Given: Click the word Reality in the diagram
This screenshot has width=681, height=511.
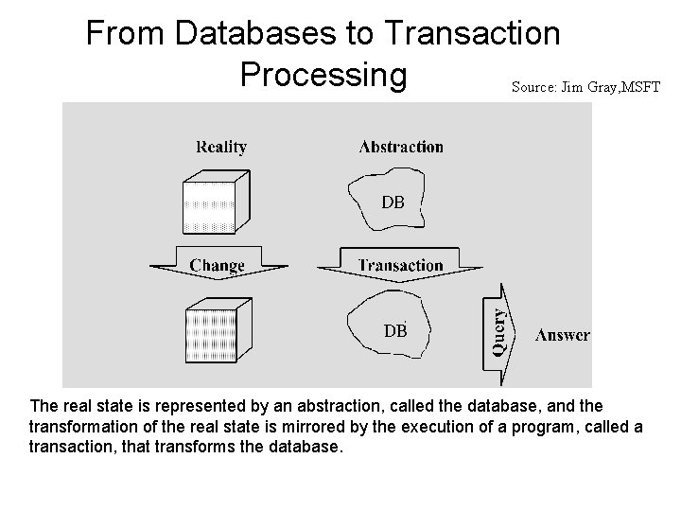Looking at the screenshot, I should [x=220, y=147].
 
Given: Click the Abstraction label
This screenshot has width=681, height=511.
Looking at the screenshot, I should [x=401, y=147].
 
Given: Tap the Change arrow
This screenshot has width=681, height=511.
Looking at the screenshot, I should [x=217, y=266].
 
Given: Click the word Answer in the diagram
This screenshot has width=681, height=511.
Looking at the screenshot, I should [x=563, y=335].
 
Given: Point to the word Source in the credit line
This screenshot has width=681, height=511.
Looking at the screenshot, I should [x=532, y=87].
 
